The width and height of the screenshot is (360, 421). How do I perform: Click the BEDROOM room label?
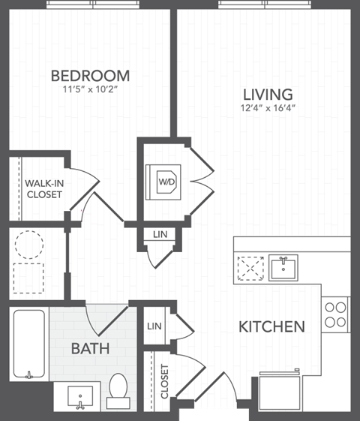tap(90, 76)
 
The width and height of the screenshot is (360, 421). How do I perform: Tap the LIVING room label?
tap(267, 95)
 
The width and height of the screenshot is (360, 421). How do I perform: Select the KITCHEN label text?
tap(271, 326)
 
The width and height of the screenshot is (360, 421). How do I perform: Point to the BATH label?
tap(90, 349)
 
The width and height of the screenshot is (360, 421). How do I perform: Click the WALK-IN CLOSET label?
tap(43, 188)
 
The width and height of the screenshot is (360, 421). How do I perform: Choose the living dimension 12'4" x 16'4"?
tap(267, 108)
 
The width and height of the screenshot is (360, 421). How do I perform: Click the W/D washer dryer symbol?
tap(165, 181)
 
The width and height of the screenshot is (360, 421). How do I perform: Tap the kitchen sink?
tap(283, 266)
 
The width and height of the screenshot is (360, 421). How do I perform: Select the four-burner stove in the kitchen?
tap(335, 314)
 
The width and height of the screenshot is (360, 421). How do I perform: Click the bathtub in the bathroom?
tap(29, 344)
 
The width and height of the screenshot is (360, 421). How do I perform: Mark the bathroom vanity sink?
tap(80, 394)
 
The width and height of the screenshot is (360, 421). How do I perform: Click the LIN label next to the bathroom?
tap(155, 326)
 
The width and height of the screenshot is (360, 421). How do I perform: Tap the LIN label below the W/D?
tap(159, 235)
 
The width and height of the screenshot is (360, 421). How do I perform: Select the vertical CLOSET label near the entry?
tap(165, 380)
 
